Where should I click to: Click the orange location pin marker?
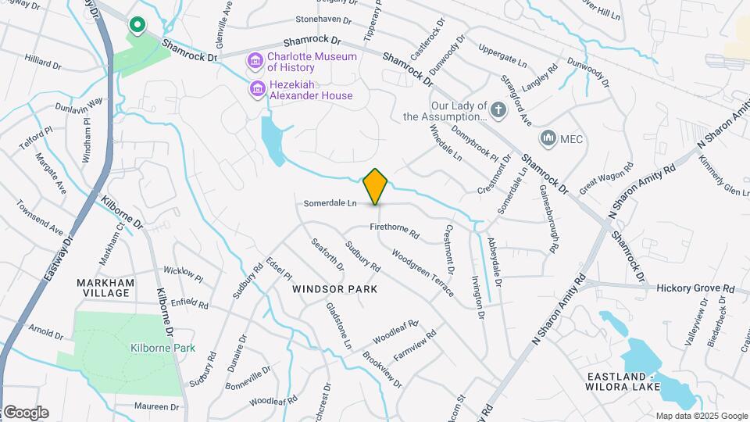click(x=376, y=186)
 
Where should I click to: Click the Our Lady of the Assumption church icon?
click(x=499, y=110)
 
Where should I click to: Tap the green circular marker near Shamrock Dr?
click(x=137, y=27)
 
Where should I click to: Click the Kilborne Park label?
click(x=162, y=348)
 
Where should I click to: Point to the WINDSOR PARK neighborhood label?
click(x=334, y=289)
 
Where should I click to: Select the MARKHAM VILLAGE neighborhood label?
click(x=105, y=288)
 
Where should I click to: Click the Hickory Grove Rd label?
click(x=695, y=288)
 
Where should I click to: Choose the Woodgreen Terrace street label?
click(x=423, y=273)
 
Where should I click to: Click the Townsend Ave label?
click(x=41, y=216)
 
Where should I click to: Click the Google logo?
click(x=26, y=413)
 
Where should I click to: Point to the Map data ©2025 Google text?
click(x=701, y=416)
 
